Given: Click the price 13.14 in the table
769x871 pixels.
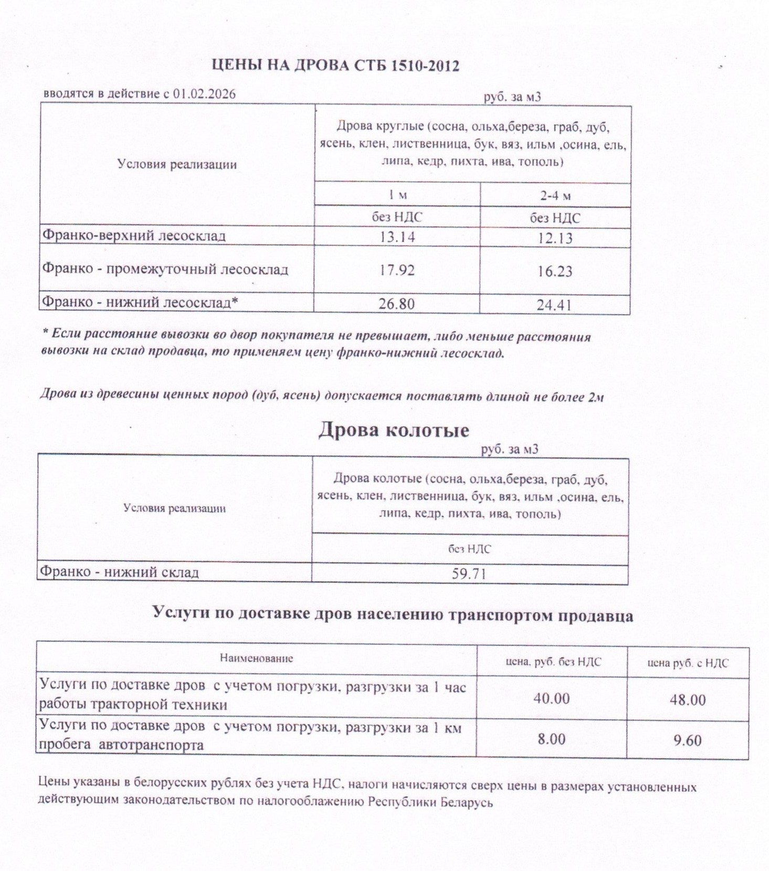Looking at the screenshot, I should pos(396,237).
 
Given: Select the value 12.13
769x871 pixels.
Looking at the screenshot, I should pos(554,238).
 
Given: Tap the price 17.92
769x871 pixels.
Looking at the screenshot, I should pos(396,270).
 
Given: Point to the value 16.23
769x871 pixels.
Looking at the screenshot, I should pos(554,271).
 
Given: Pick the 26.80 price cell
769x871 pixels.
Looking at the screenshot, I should pos(396,304).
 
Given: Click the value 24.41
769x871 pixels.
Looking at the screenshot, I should pos(554,305).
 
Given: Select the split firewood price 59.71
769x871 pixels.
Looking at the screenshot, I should pos(469,573).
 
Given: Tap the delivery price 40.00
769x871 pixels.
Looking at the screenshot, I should pos(551,698).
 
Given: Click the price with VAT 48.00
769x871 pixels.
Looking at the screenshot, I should pos(687,699).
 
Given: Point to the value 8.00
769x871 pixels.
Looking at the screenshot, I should pos(551,739).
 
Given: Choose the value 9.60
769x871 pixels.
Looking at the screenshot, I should pos(687,740).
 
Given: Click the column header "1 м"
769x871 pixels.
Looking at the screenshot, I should pos(397,195).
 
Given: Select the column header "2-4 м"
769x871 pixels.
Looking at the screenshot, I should pos(555,196).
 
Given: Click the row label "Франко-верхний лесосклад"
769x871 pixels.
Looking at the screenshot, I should pos(134,236).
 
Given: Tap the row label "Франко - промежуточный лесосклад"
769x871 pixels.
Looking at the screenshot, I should pos(165,269).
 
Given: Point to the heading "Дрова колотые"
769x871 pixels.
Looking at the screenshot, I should pos(393,430).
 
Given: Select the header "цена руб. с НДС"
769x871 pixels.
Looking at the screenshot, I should pos(687,663).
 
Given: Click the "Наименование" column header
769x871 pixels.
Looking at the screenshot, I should pos(256,658).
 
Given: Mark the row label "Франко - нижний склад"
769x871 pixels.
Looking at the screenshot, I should pos(120,571).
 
